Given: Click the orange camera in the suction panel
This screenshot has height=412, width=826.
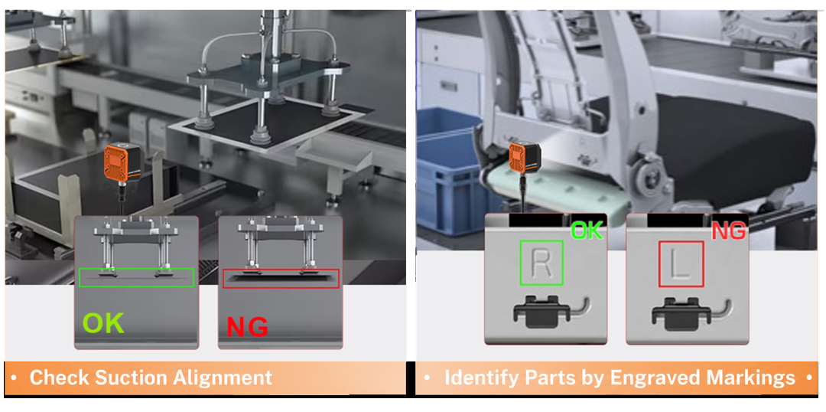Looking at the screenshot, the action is click(123, 163).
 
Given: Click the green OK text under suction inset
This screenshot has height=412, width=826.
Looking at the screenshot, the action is click(103, 323).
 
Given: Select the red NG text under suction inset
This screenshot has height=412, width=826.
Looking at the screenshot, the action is click(247, 326).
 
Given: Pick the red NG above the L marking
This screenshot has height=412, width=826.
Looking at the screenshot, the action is click(729, 230).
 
